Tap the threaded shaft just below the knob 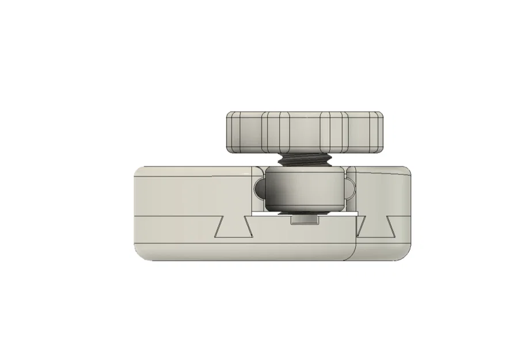[x=305, y=161]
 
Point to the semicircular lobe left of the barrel [x=258, y=187]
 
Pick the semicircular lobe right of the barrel [x=349, y=187]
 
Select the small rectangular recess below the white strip [x=305, y=220]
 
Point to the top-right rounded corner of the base [x=406, y=171]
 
